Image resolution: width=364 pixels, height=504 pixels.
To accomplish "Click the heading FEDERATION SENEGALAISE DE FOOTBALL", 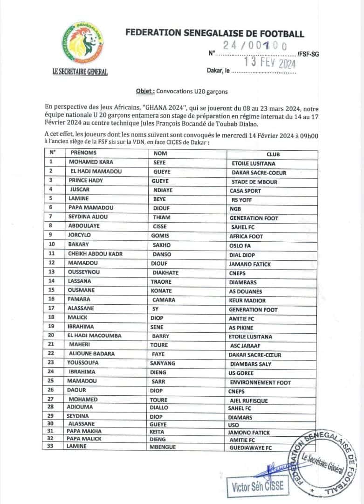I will coord(214,33).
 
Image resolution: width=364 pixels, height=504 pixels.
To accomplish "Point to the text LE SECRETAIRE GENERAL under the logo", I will coord(80,72).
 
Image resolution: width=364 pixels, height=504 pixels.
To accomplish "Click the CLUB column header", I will coord(273,154).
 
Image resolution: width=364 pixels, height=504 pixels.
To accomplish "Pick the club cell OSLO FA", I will coord(241,245).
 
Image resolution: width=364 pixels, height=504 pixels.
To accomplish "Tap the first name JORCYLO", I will coord(80,235).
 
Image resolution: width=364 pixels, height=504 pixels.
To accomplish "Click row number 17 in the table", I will coord(52,308).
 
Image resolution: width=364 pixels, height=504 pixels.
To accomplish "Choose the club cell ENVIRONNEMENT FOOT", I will coord(260,382).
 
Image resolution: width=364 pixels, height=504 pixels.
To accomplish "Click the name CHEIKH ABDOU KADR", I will coord(96,254).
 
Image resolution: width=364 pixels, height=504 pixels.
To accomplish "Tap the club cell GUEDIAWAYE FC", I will coord(251,447).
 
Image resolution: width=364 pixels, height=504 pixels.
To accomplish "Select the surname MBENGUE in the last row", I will coord(165,446).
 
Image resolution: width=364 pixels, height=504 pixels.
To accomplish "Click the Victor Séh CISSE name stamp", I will coord(258,487).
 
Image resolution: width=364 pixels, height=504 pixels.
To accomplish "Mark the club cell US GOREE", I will coord(242,373).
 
